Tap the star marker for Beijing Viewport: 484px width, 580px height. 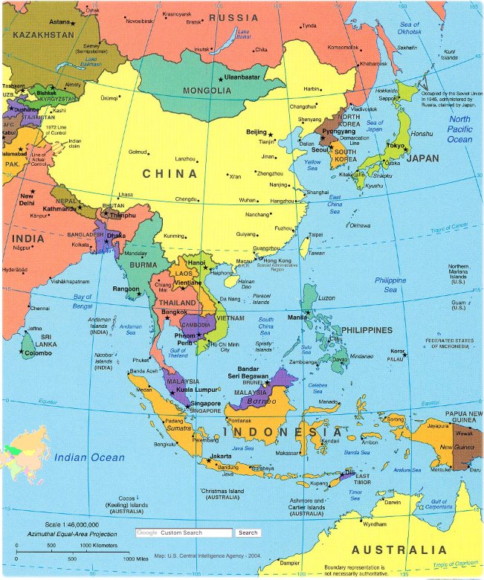(270, 134)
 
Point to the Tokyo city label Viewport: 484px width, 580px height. (396, 146)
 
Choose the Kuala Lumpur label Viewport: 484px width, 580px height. (197, 390)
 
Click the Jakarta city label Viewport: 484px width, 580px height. (221, 456)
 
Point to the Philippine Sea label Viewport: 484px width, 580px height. (390, 285)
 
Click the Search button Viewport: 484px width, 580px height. (248, 532)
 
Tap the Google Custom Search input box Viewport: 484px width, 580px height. (184, 532)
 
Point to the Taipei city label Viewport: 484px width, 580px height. (316, 234)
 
